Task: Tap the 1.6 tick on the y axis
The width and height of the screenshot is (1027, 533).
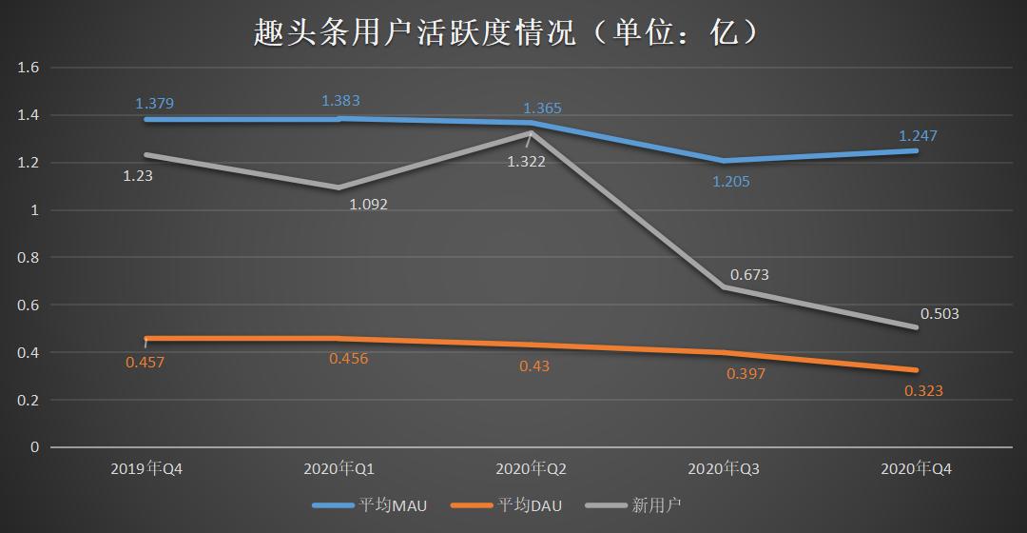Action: click(28, 68)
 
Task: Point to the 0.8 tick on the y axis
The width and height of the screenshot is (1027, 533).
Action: click(28, 257)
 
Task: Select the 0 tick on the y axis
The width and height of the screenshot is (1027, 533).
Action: click(33, 446)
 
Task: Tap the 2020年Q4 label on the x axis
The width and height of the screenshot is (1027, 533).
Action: click(916, 469)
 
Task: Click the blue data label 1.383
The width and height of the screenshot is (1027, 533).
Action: click(340, 100)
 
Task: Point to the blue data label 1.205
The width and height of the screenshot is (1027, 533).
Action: click(730, 181)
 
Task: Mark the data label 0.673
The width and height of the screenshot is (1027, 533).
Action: click(749, 275)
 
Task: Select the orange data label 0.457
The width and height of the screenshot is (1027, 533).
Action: click(145, 362)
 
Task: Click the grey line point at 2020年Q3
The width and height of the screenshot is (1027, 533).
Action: click(723, 286)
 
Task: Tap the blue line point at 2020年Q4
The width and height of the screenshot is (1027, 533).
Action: click(916, 150)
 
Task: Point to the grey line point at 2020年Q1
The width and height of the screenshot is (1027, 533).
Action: click(339, 188)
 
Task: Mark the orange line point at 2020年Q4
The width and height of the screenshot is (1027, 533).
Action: click(916, 370)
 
